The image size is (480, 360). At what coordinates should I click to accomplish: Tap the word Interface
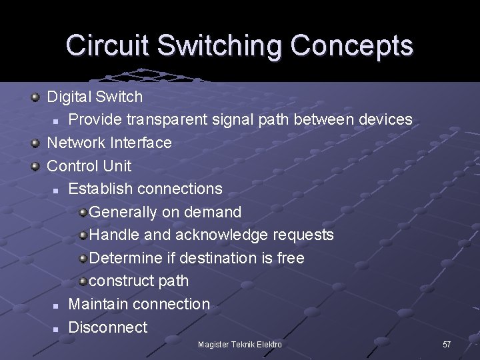[141, 143]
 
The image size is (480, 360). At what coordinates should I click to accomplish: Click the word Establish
[101, 189]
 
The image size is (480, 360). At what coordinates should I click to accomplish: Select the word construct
[123, 281]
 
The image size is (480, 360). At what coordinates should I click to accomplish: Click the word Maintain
[99, 304]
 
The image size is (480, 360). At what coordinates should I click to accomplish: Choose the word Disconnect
[108, 327]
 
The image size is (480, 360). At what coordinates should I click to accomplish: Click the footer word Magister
[213, 345]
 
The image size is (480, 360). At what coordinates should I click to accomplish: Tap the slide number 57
[447, 345]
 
